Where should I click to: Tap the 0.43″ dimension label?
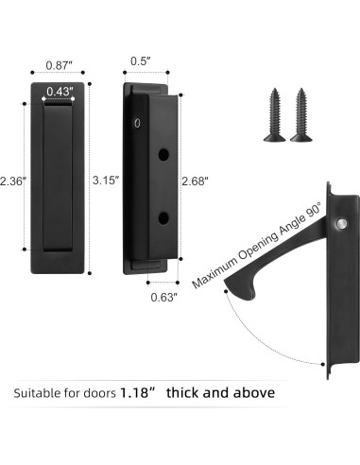[59, 91]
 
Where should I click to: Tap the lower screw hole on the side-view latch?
[163, 218]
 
